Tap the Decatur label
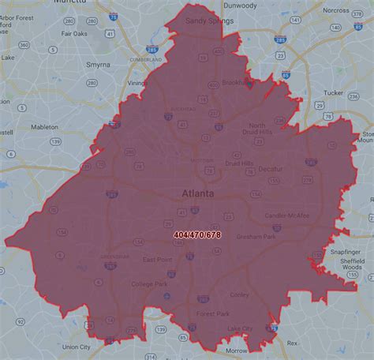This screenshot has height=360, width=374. click(x=270, y=168)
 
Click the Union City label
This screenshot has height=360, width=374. click(x=77, y=347)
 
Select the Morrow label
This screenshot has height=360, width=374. click(x=236, y=351)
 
